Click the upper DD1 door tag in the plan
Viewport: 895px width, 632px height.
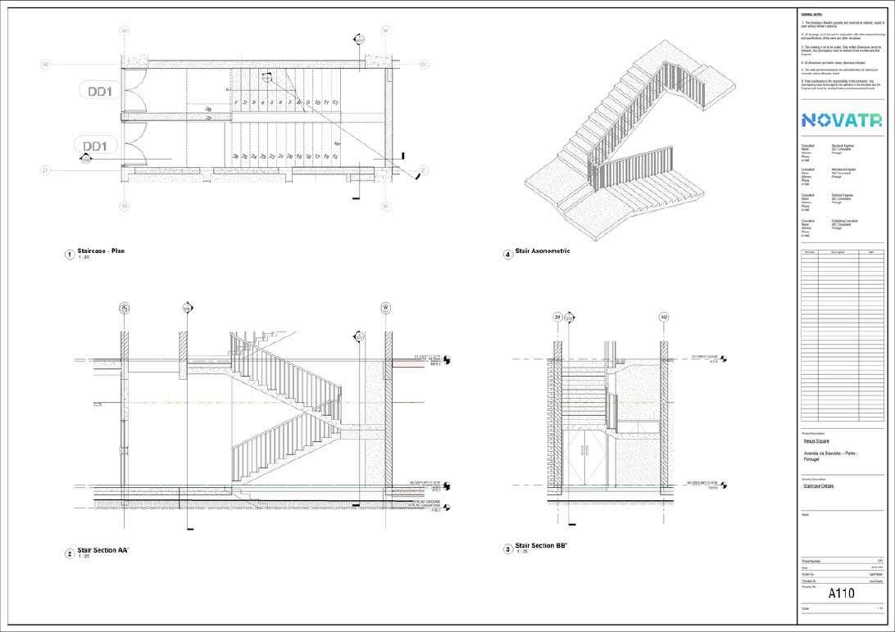tap(104, 91)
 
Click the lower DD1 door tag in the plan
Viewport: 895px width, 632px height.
tap(96, 146)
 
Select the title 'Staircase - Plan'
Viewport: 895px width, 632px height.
tap(101, 251)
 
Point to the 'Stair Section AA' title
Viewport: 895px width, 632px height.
tap(103, 551)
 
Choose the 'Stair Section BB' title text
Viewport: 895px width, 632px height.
tap(541, 545)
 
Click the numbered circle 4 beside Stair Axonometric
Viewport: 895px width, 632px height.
tap(508, 255)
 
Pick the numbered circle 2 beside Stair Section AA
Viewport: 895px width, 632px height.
tap(70, 554)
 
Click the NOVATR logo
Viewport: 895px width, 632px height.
tap(842, 120)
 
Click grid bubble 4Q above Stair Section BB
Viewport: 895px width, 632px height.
tap(663, 317)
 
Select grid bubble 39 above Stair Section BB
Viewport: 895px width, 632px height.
tap(557, 317)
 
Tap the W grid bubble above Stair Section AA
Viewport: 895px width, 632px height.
tap(384, 308)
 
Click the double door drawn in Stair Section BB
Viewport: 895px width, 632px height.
tap(591, 455)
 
